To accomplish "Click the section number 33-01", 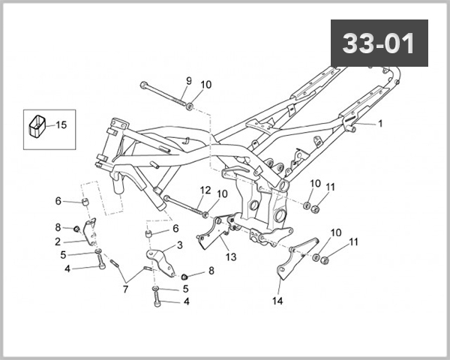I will (379, 43).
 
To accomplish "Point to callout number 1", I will (379, 123).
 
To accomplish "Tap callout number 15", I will (61, 124).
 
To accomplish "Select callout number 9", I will (188, 81).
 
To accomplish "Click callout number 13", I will (230, 257).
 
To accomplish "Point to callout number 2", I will (57, 241).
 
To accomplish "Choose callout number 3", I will (179, 245).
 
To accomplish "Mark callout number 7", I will (125, 289).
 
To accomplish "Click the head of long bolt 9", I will (142, 84).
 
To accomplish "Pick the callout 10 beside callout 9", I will (206, 85).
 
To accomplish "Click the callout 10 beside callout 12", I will (221, 193).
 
